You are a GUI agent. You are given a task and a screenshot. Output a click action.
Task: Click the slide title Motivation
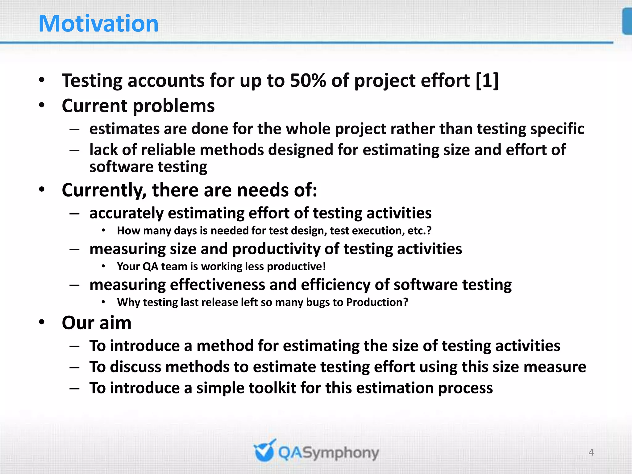point(98,24)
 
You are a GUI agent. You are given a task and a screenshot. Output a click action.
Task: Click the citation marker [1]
point(487,81)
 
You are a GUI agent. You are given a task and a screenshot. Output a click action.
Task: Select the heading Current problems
point(138,106)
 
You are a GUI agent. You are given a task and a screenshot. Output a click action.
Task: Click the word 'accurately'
point(126,213)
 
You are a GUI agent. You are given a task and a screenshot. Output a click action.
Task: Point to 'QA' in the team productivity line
point(150,266)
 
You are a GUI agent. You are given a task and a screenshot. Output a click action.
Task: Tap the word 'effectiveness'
point(217,285)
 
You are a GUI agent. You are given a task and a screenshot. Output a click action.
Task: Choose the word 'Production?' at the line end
point(377,302)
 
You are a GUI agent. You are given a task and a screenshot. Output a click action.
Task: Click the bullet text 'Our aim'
point(97,323)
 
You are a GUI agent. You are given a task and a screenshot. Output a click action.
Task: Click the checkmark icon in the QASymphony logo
point(264,451)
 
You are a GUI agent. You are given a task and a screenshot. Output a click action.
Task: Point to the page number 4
point(591,452)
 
